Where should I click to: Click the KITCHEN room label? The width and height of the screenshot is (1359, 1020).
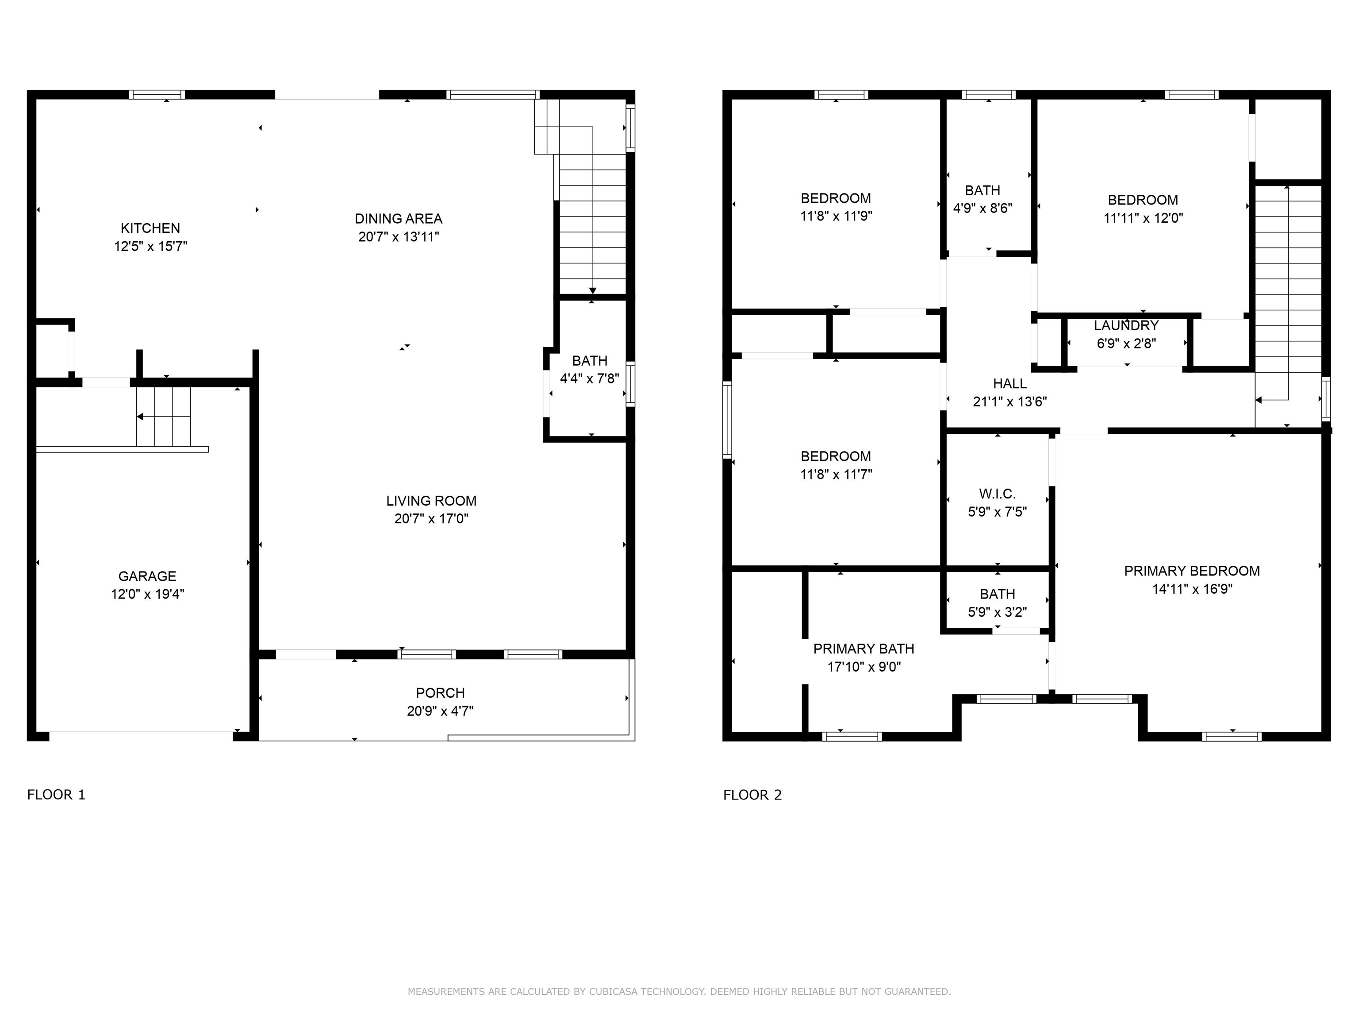coord(150,228)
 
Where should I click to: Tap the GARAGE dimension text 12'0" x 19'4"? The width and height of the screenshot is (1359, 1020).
coord(147,594)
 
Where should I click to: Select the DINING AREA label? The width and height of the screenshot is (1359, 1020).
coord(399,218)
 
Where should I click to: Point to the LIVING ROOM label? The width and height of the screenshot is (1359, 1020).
coord(431,500)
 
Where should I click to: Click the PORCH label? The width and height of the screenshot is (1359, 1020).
coord(440,693)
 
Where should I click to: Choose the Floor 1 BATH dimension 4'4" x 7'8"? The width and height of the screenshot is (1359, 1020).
coord(589,379)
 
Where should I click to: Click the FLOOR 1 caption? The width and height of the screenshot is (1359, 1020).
coord(56,794)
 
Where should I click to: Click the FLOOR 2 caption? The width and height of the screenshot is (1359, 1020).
coord(752,795)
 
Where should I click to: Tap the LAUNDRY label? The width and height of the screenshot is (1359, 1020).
coord(1126,325)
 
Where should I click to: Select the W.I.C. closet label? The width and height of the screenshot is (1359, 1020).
coord(997,494)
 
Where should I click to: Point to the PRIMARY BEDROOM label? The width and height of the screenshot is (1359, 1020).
coord(1192,571)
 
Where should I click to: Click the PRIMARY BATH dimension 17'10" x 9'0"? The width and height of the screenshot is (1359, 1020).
coord(864,666)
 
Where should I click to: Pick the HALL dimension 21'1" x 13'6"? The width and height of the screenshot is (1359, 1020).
coord(1010,402)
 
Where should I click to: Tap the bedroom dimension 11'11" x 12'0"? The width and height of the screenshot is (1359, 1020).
coord(1143,218)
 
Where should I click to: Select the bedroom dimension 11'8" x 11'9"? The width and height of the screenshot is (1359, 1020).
coord(836,216)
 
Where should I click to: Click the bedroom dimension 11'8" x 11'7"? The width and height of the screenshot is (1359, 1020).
coord(836,474)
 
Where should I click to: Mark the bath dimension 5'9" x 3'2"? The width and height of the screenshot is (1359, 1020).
coord(997,612)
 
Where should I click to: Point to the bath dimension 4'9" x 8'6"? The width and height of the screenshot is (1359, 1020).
coord(983,208)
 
